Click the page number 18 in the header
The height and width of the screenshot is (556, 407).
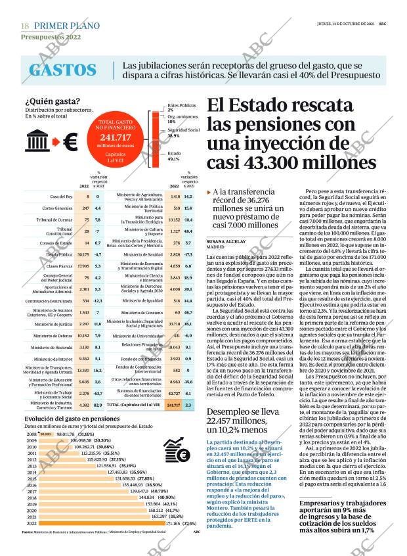pyautogui.click(x=25, y=25)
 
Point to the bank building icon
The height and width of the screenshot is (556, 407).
pyautogui.click(x=37, y=141)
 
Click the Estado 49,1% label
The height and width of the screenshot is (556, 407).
pyautogui.click(x=175, y=156)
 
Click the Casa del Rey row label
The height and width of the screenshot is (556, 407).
pyautogui.click(x=61, y=197)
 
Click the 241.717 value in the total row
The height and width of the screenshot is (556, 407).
pyautogui.click(x=173, y=405)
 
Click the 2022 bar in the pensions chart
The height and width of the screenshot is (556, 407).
pyautogui.click(x=100, y=523)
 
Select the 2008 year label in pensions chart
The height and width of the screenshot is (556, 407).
pyautogui.click(x=31, y=434)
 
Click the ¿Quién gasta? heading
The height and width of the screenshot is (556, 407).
pyautogui.click(x=53, y=101)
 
